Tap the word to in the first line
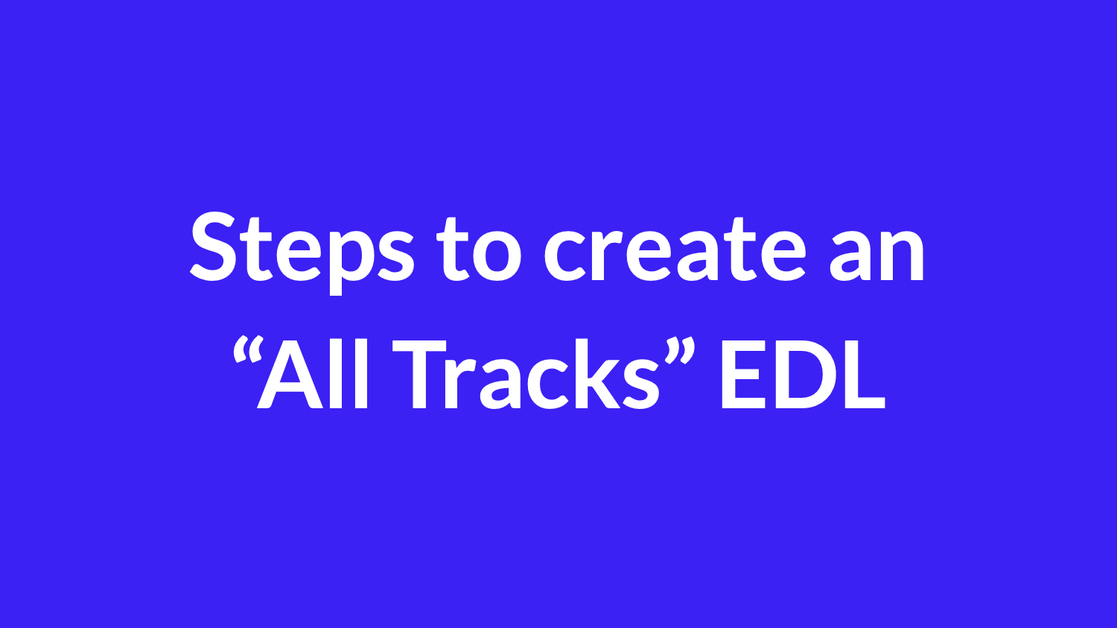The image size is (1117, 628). (x=480, y=249)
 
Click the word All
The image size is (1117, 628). (x=313, y=374)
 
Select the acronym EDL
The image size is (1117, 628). (x=803, y=375)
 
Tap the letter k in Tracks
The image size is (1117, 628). (x=597, y=374)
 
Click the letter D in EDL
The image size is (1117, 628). (x=804, y=375)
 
